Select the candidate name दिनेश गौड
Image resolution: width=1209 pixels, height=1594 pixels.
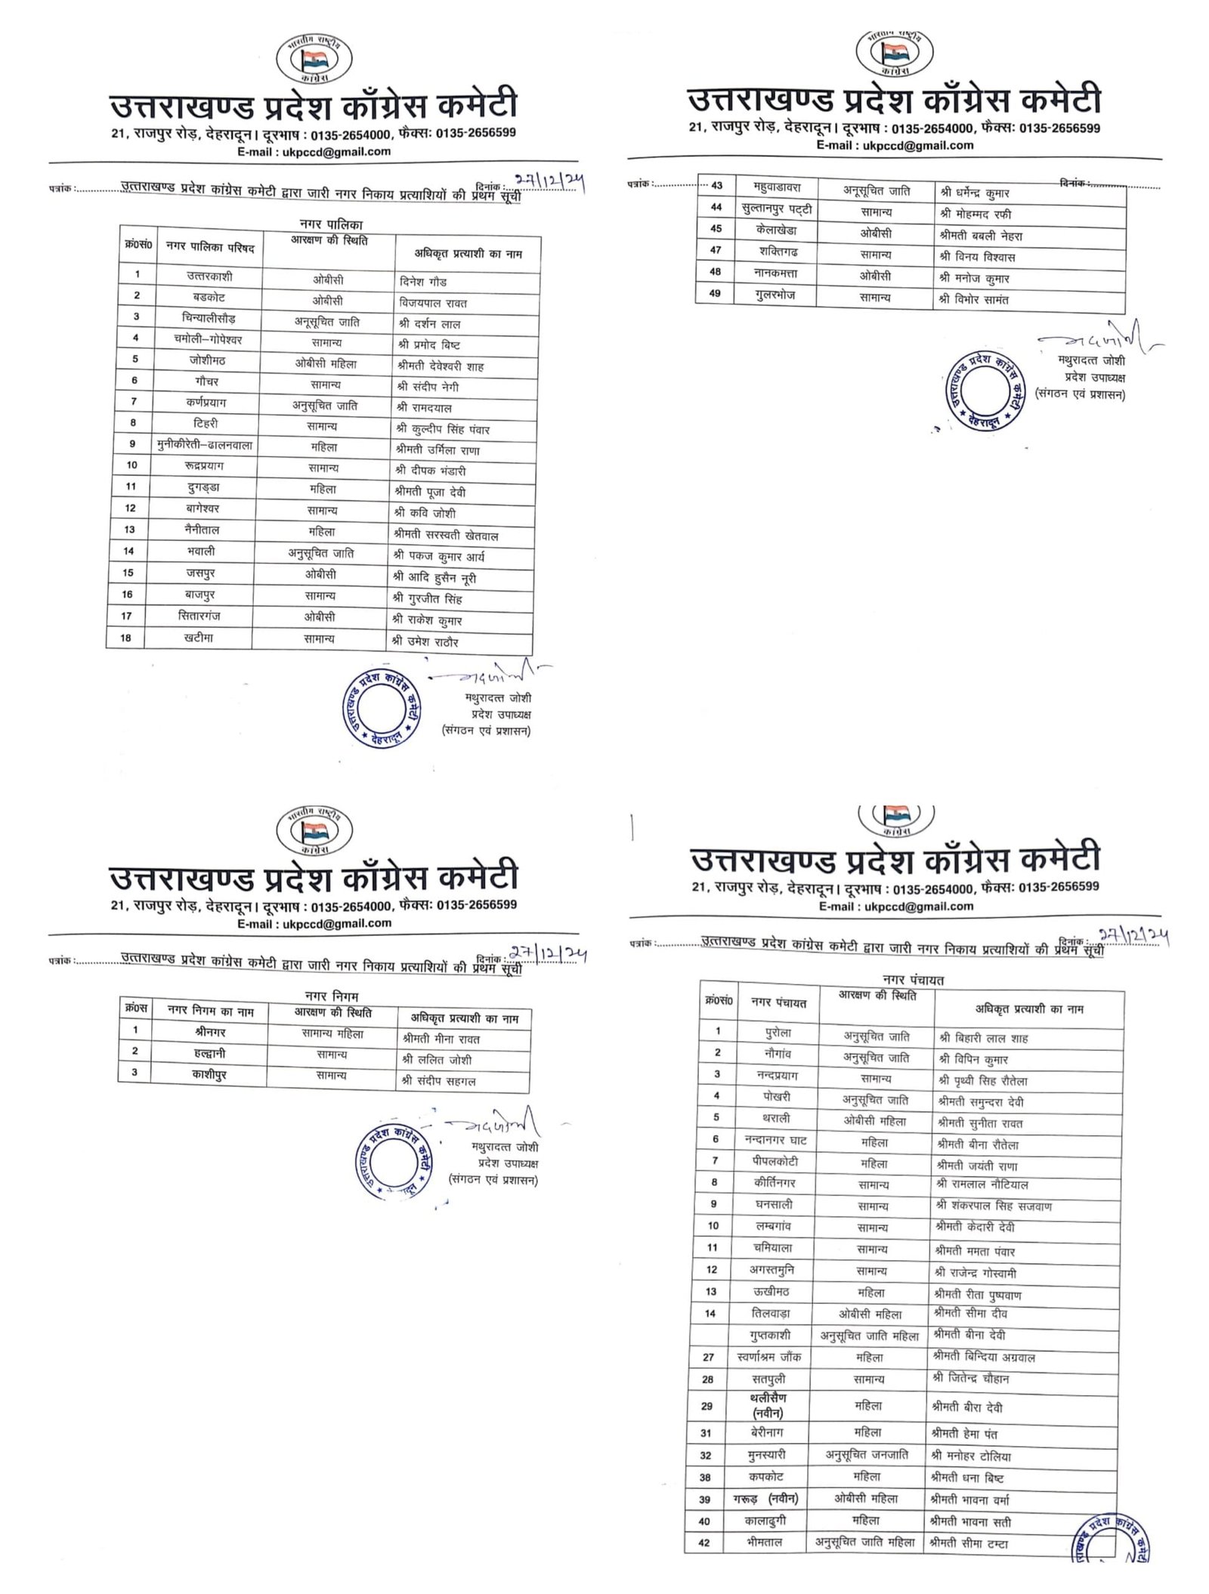pos(423,282)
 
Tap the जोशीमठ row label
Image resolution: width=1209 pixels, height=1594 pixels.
pos(206,360)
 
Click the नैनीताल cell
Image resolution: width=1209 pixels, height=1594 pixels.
pos(202,530)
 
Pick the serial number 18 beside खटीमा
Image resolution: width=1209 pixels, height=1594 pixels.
pos(125,638)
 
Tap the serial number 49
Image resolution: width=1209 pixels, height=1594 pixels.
pos(715,294)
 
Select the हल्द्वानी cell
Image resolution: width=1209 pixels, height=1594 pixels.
pos(209,1052)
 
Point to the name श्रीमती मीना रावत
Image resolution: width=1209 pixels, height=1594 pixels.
pos(441,1039)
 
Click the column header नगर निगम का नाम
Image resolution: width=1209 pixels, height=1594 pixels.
pos(210,1012)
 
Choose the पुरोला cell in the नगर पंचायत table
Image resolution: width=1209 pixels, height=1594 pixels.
pos(777,1032)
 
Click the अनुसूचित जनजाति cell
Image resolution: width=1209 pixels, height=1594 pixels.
pos(867,1454)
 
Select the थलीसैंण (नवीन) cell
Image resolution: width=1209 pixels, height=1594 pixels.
pos(768,1406)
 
